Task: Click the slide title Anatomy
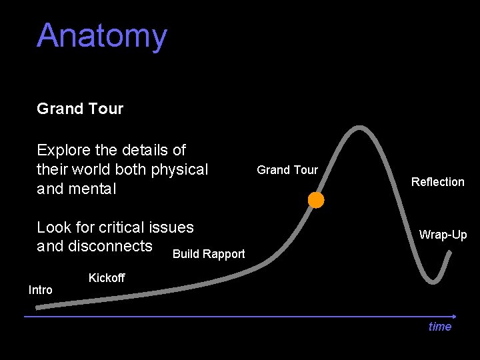102,36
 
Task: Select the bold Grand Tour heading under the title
80,109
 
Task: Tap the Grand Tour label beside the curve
287,170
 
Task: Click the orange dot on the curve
316,200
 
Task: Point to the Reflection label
437,182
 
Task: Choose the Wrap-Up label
443,235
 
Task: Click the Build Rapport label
209,254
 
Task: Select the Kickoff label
107,277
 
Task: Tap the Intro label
40,290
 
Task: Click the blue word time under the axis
440,327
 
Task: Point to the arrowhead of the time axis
454,316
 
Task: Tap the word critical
121,227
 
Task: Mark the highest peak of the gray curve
360,127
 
